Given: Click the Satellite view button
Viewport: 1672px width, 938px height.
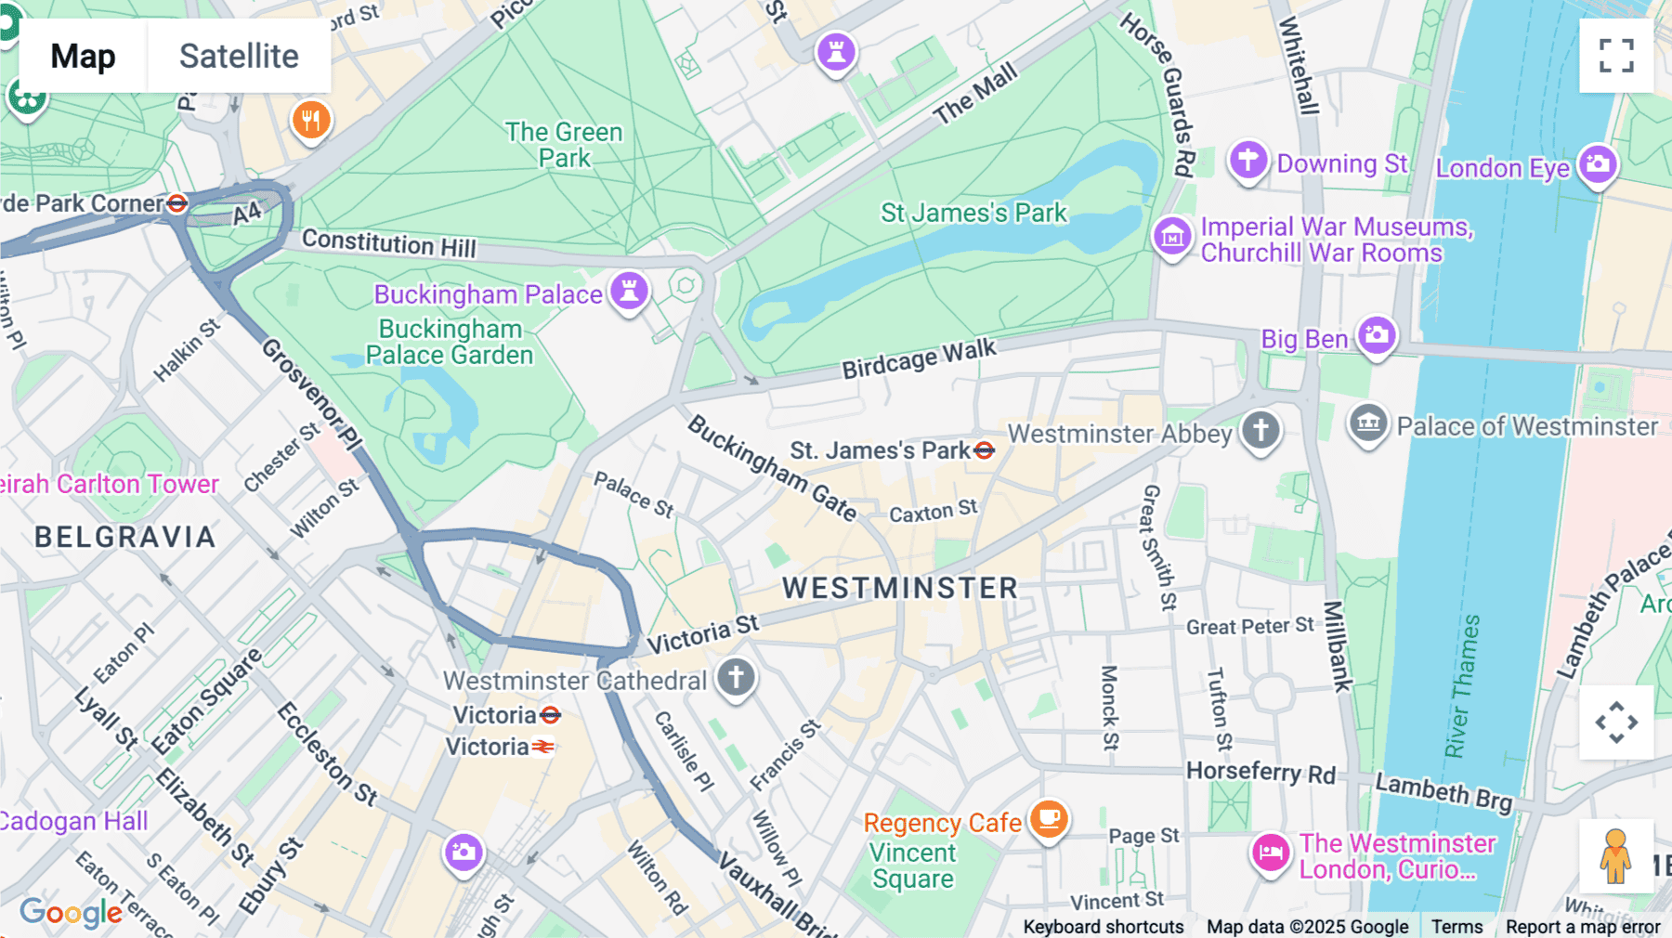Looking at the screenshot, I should point(239,56).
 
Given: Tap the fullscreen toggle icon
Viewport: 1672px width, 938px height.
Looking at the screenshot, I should point(1616,56).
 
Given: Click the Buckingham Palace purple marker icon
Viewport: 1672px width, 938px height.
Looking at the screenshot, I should point(629,292).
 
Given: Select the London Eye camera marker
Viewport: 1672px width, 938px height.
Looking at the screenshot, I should point(1598,164).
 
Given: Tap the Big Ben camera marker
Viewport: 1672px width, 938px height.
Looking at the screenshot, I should point(1377,335).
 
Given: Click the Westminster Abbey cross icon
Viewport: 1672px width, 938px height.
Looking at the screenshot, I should point(1261,431).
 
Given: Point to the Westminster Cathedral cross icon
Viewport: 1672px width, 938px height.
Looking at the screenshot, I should point(736,678).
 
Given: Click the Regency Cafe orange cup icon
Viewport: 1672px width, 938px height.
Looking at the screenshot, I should point(1049,820).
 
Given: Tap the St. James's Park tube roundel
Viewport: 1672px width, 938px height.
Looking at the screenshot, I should point(985,450).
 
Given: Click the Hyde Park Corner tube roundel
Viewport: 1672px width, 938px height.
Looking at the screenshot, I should point(176,202).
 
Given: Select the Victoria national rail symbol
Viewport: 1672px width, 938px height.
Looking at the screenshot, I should point(543,747).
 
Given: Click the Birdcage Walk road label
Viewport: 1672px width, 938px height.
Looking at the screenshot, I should point(919,359).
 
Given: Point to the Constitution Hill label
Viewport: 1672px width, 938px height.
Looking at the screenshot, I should point(388,243).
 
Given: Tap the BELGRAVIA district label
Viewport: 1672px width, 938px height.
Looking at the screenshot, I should point(125,537).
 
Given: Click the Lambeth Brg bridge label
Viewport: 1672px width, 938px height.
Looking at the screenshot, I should point(1443,791).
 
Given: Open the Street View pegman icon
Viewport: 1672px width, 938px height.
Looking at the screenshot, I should point(1615,856).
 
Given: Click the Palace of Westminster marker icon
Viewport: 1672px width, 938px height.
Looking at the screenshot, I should point(1368,424).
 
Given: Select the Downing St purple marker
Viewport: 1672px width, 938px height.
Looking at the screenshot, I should point(1247,161).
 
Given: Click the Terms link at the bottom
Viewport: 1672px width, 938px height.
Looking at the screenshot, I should point(1456,926).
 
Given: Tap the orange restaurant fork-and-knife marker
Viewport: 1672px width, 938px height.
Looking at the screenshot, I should point(311,120).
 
